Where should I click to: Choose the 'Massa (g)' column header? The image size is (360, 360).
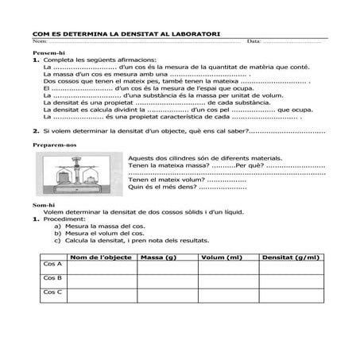156,257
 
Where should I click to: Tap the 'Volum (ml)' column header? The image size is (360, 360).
222,257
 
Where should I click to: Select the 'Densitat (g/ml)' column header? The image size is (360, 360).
292,257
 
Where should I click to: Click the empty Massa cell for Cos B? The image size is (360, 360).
167,281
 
